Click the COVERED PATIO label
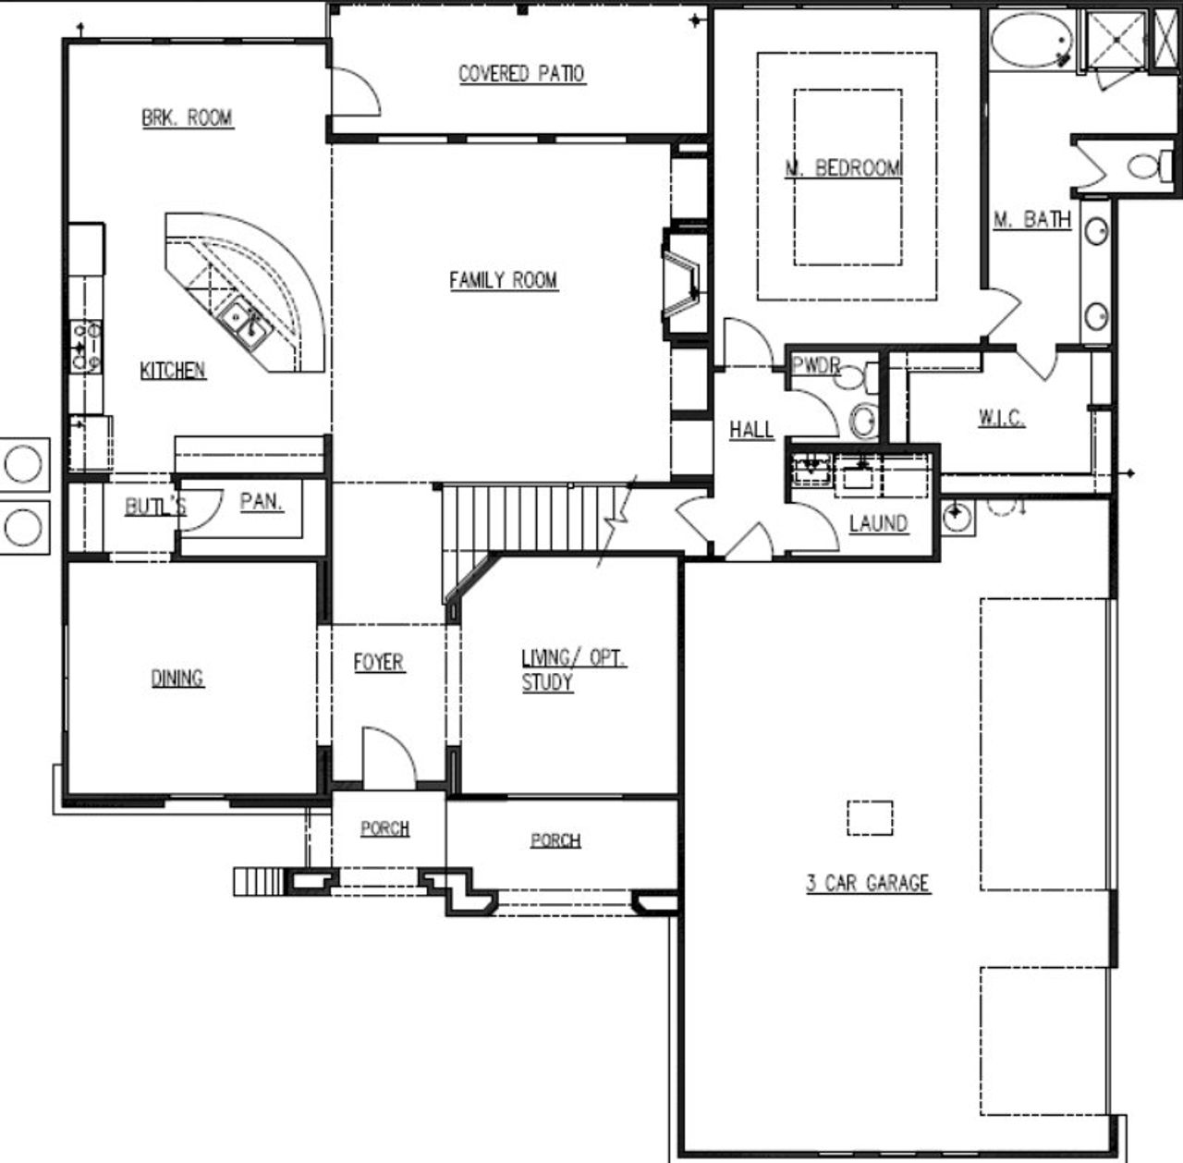521,74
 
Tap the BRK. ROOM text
187,118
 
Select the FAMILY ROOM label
503,280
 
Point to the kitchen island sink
243,324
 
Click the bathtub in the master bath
1032,42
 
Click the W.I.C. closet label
1001,418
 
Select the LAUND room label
877,524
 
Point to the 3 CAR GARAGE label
867,883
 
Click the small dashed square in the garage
870,817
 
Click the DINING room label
177,679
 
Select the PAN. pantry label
262,502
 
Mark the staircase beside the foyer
527,518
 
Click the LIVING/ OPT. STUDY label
572,670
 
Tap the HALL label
750,430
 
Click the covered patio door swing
354,93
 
